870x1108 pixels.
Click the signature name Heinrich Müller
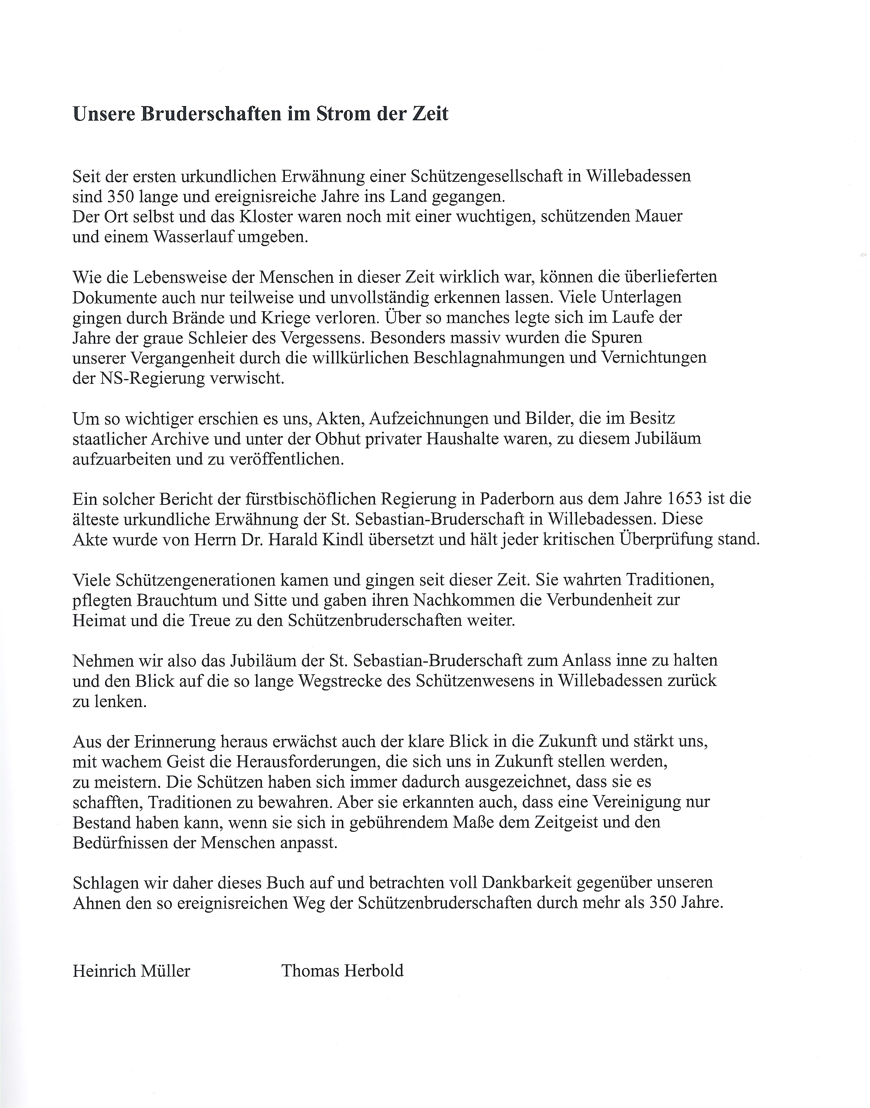131,971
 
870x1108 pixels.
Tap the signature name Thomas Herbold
342,971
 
